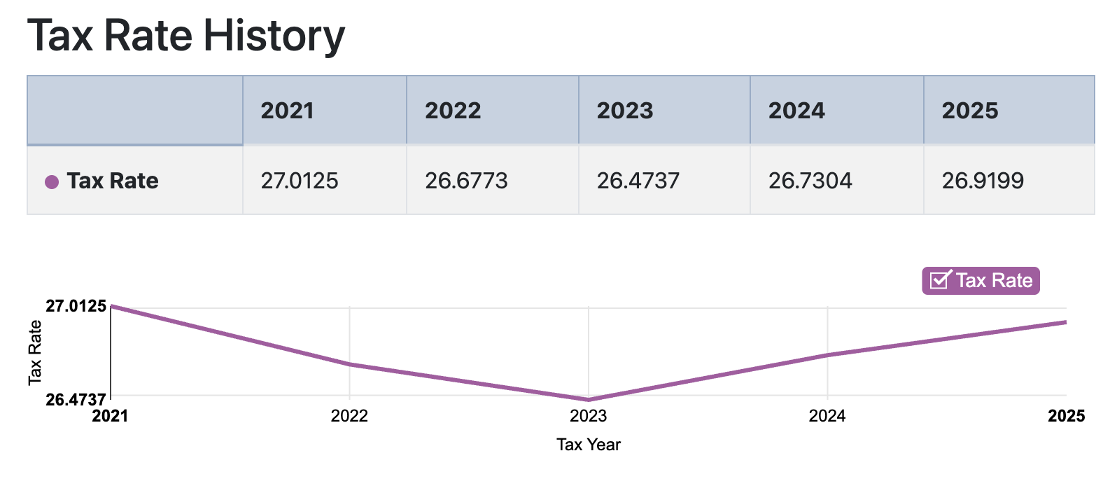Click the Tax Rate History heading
[186, 36]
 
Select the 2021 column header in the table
[287, 111]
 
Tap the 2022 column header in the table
[453, 111]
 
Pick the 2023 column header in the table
[624, 111]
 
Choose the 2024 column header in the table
[796, 111]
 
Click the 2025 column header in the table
[969, 111]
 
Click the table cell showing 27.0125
[300, 181]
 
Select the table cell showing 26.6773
[466, 181]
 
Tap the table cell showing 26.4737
[638, 181]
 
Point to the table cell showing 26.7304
[810, 181]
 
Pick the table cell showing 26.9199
[983, 181]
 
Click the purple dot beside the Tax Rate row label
[52, 182]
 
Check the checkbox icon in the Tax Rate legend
[939, 280]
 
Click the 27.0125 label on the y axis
[76, 306]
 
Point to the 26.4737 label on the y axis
[76, 400]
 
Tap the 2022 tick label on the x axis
[349, 416]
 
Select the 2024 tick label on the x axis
[827, 416]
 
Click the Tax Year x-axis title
[589, 445]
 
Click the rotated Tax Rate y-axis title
[35, 352]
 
